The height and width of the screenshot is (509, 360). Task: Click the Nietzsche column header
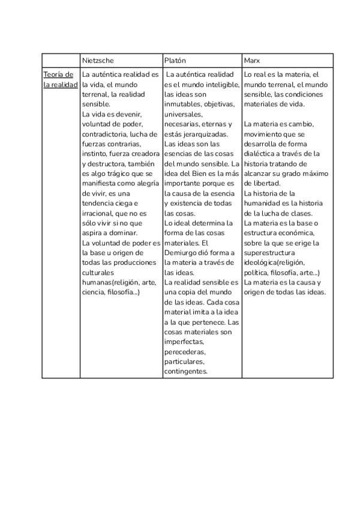click(98, 61)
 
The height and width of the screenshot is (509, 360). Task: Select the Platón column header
click(175, 61)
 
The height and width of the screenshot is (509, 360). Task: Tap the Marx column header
click(252, 61)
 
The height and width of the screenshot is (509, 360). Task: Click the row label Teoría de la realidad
click(60, 80)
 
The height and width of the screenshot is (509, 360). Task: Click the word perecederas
click(185, 352)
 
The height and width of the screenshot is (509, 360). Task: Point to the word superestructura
click(269, 253)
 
